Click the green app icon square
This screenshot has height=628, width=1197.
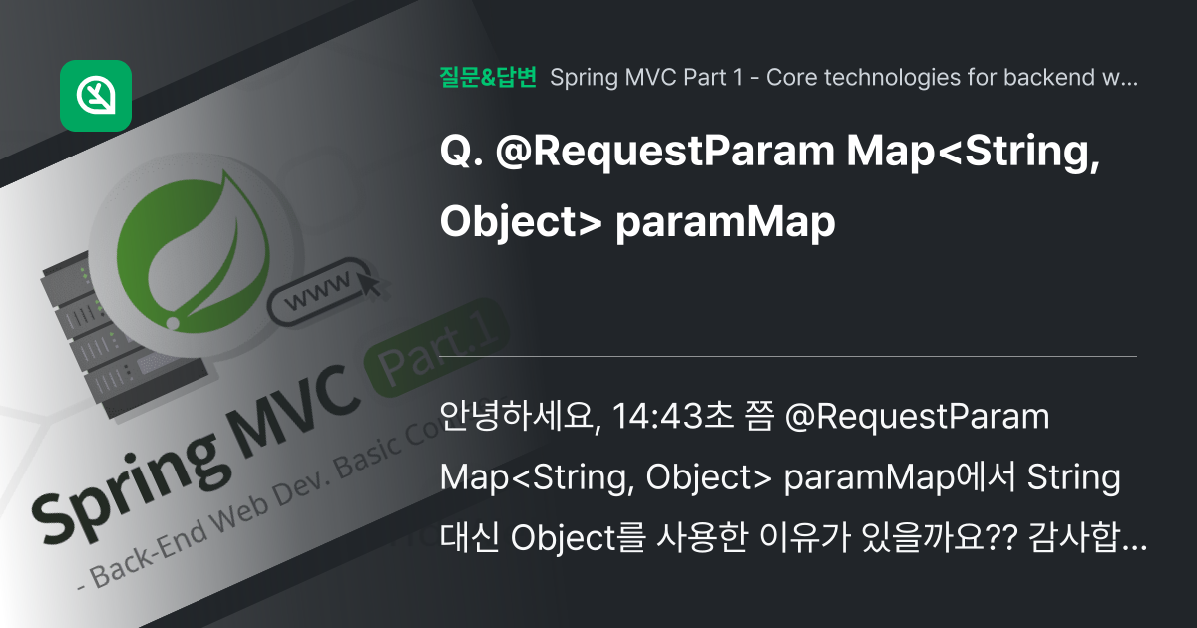point(96,96)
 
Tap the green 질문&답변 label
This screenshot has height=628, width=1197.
point(488,77)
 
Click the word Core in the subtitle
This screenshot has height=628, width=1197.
point(791,78)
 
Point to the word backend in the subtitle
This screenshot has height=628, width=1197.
point(1049,78)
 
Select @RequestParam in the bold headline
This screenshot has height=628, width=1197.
point(665,153)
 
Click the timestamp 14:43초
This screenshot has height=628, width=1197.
point(673,416)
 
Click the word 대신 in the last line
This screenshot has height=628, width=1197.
point(469,536)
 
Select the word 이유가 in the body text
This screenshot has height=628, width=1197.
point(805,536)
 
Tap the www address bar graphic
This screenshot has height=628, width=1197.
point(319,291)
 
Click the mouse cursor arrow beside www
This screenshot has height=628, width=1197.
point(369,282)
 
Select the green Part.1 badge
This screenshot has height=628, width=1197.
point(436,347)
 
